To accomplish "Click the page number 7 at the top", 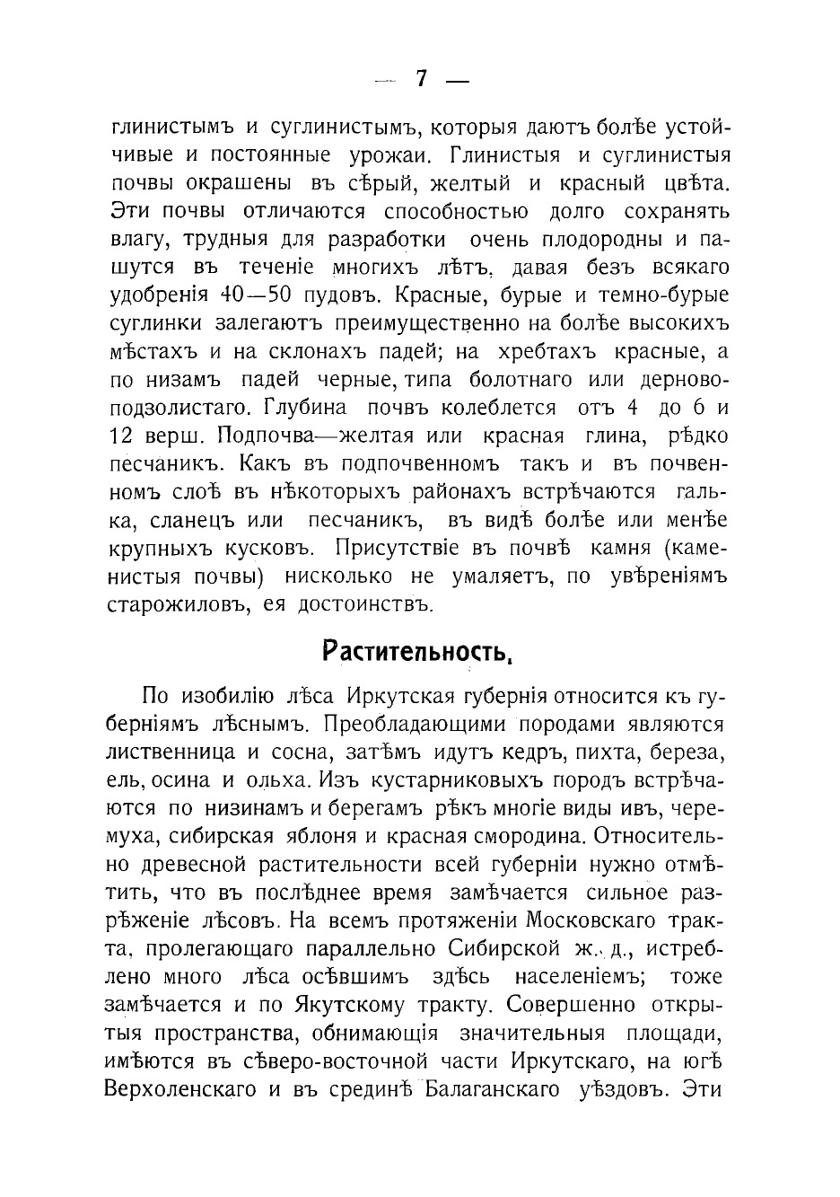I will [x=421, y=79].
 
